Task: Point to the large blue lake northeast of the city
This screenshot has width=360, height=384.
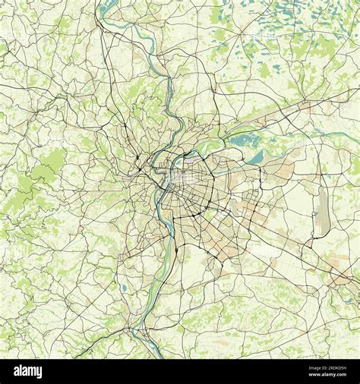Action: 245,140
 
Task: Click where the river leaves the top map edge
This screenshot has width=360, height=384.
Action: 107,2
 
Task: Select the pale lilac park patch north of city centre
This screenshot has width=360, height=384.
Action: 191,159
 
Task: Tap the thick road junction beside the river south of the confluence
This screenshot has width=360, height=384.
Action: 176,250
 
